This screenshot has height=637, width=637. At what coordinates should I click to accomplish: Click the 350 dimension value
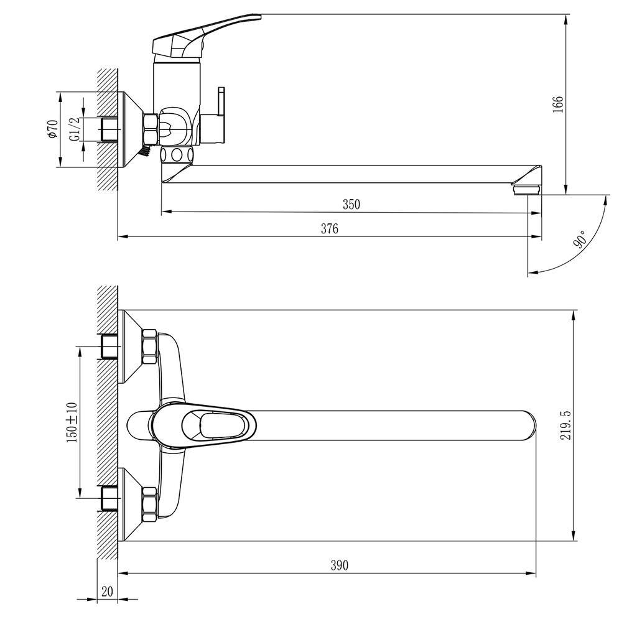(351, 204)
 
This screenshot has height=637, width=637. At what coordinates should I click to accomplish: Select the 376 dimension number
(330, 229)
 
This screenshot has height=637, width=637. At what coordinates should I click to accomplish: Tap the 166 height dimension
(559, 105)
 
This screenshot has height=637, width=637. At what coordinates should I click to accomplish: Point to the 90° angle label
(580, 239)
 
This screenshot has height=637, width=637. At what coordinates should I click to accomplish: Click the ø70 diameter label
(53, 129)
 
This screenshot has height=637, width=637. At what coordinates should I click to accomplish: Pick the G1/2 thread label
(75, 129)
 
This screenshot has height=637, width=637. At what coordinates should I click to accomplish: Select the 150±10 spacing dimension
(72, 422)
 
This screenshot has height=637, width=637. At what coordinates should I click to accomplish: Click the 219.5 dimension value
(565, 425)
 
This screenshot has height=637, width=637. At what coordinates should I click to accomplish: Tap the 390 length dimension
(339, 565)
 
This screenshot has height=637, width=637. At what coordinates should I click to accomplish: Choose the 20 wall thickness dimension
(107, 591)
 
